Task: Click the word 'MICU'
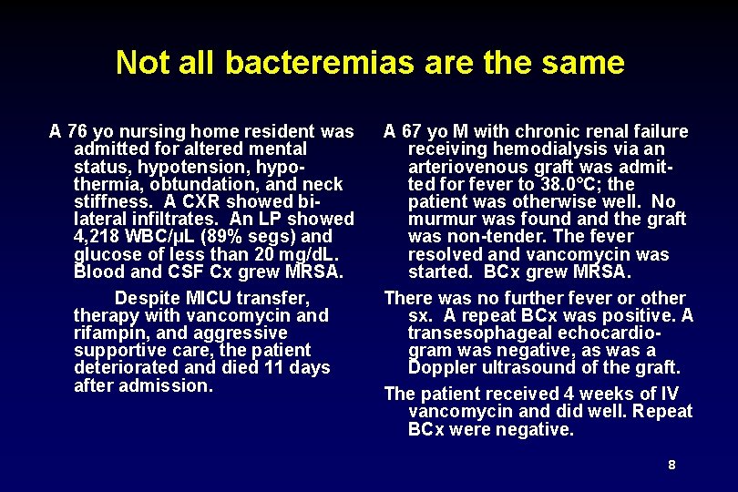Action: (x=211, y=298)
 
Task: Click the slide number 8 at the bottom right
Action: (x=671, y=465)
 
